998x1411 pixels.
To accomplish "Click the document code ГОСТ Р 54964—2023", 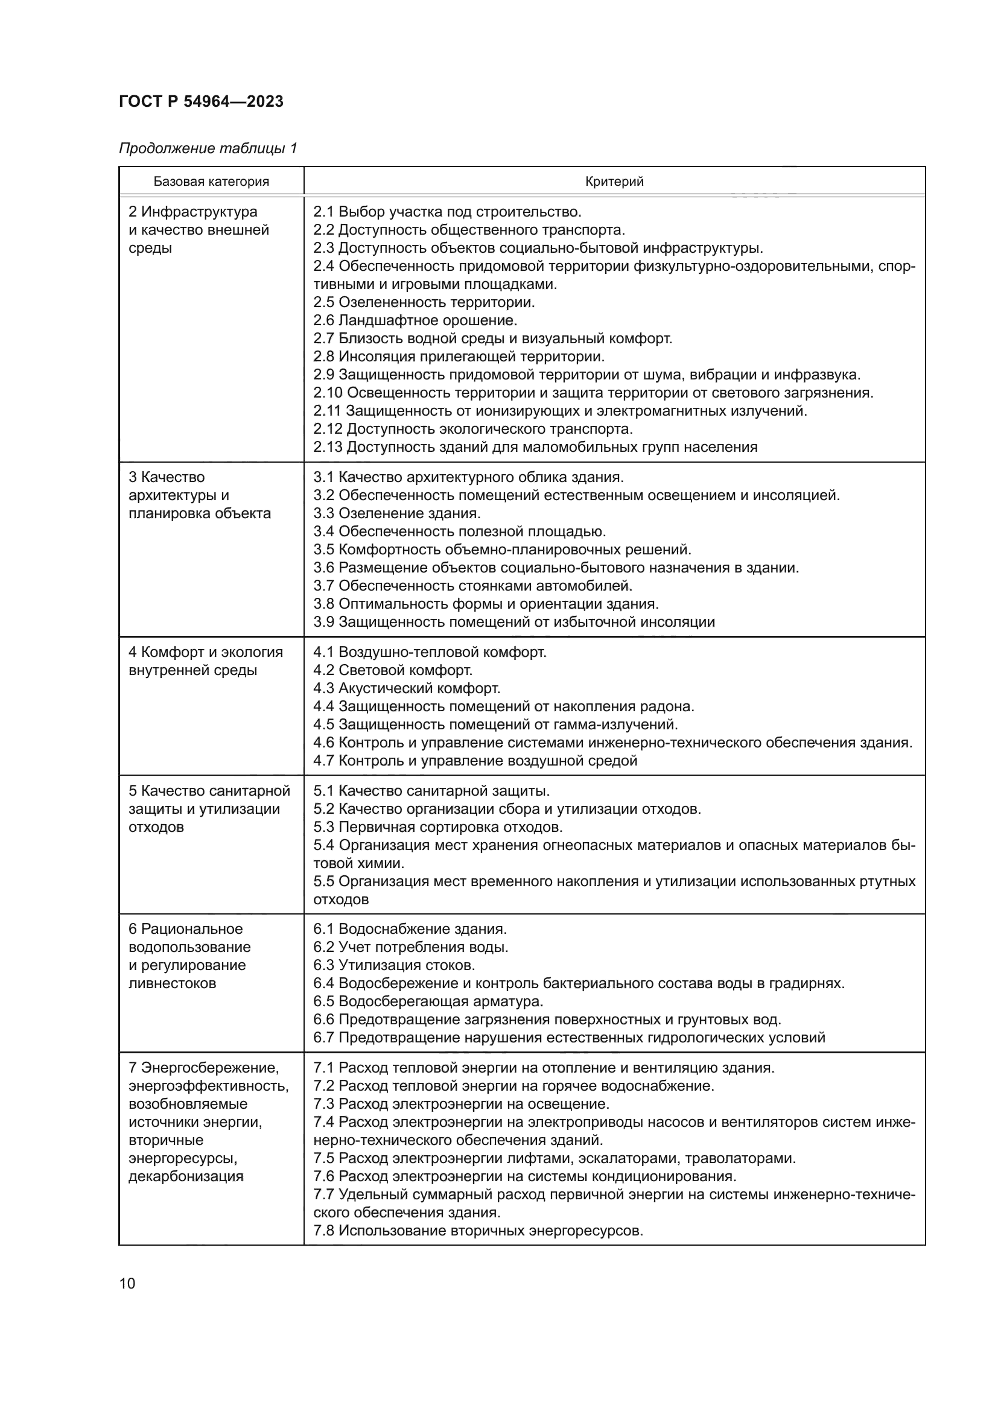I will (x=201, y=101).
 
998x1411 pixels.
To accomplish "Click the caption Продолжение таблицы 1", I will (x=208, y=148).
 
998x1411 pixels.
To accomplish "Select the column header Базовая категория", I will (x=211, y=182).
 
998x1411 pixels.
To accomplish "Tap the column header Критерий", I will (x=614, y=182).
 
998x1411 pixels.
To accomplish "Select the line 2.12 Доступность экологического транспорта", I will (x=472, y=429).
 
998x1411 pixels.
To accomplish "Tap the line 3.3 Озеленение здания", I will (x=397, y=513).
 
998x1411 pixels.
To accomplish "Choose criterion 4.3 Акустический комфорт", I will (x=407, y=688).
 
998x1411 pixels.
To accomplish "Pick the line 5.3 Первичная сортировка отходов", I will (x=437, y=827).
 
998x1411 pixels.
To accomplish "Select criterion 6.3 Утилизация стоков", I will (x=394, y=965).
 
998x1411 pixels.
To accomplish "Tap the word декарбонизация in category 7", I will (x=186, y=1176).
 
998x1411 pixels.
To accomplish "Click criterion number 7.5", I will (x=323, y=1158).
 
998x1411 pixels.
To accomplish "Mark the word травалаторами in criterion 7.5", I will (x=740, y=1158).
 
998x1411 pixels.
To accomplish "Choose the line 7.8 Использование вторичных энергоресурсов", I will (x=478, y=1231).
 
